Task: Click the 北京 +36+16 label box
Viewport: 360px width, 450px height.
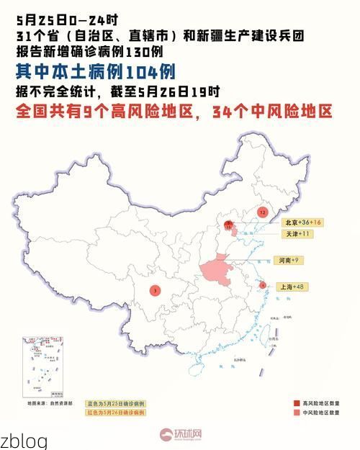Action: (302, 222)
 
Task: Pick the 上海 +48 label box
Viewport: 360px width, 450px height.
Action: (292, 287)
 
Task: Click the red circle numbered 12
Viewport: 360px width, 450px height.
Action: (262, 213)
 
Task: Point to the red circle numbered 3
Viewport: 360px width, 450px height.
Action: (156, 291)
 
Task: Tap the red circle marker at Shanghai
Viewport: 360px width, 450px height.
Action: (263, 285)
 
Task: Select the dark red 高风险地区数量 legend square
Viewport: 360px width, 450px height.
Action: (297, 402)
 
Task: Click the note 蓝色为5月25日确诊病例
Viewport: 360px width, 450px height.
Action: (116, 403)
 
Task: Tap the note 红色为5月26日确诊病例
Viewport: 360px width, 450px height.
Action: (116, 413)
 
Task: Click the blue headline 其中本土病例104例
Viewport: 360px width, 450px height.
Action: (95, 71)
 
